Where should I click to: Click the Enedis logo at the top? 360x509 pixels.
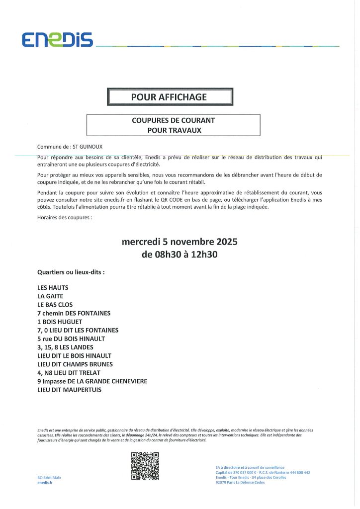click(x=57, y=39)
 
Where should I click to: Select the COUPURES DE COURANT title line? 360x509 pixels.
click(x=173, y=120)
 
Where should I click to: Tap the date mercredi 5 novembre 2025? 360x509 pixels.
click(x=180, y=243)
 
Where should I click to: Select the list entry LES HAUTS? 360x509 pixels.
click(x=53, y=288)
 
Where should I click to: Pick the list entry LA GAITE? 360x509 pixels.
click(x=50, y=296)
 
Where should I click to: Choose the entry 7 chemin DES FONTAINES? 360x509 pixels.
click(x=74, y=313)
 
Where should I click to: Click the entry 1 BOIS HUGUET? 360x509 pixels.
click(x=60, y=322)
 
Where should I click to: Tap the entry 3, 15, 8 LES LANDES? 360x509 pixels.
click(x=65, y=347)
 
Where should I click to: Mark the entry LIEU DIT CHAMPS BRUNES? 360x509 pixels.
click(x=74, y=364)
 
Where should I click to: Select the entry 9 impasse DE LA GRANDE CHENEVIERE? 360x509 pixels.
click(x=92, y=381)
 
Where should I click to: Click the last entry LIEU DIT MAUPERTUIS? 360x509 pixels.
click(x=69, y=390)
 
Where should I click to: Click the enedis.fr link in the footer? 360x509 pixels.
click(x=45, y=483)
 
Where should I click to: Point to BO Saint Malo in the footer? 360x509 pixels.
click(x=49, y=477)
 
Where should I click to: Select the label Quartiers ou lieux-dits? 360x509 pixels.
click(x=71, y=272)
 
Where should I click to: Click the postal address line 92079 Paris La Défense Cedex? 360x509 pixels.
click(x=240, y=482)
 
